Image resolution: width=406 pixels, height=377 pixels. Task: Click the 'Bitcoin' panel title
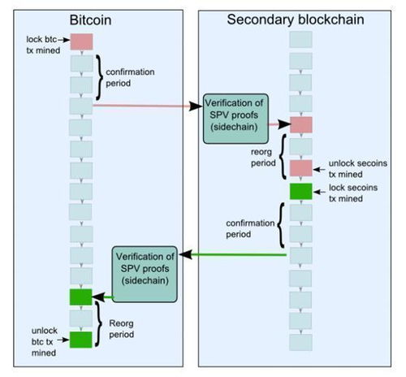(90, 20)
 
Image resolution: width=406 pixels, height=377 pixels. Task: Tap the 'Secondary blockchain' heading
(296, 19)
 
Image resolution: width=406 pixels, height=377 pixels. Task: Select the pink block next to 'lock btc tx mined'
(81, 41)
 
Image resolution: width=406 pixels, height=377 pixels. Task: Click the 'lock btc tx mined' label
(43, 45)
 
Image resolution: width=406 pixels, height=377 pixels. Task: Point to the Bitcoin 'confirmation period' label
(130, 77)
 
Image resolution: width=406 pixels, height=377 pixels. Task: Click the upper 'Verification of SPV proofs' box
(235, 119)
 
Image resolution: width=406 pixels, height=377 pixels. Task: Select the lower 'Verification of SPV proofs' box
(145, 274)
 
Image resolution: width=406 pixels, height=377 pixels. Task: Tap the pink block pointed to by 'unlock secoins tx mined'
(301, 168)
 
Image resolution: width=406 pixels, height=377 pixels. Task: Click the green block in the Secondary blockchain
(301, 191)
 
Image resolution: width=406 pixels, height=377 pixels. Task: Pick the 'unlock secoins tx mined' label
(358, 169)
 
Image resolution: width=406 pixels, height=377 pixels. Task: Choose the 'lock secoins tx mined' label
(353, 193)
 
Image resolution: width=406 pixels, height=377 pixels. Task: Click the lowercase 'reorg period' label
(263, 158)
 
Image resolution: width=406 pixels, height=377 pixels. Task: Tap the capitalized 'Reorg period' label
(122, 329)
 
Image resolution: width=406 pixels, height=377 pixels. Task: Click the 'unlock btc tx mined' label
(45, 342)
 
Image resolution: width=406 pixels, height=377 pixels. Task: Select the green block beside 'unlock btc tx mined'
(81, 340)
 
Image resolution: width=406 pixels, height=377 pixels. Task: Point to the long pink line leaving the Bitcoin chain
(148, 106)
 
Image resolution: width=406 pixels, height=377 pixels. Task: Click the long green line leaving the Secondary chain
(233, 254)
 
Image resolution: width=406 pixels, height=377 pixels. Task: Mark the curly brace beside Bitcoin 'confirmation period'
(99, 77)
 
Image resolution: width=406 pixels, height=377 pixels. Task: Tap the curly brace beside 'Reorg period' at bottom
(99, 324)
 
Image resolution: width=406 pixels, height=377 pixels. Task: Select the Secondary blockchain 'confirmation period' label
(250, 228)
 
